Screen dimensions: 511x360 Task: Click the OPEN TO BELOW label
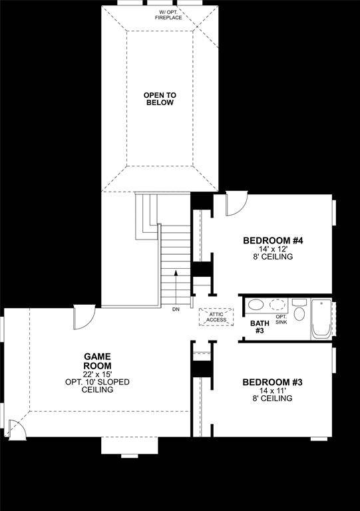[x=159, y=99]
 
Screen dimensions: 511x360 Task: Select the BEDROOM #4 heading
[x=268, y=240]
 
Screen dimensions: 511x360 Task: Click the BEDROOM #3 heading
[x=272, y=382]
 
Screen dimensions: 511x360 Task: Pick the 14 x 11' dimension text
[x=272, y=391]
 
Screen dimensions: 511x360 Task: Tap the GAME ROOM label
[x=97, y=361]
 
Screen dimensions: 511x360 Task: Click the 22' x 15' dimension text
[x=97, y=374]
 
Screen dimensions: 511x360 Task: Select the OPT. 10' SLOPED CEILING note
[x=97, y=386]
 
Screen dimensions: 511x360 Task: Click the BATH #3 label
[x=258, y=327]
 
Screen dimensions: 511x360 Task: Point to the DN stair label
[x=176, y=309]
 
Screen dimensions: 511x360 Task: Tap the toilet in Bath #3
[x=299, y=311]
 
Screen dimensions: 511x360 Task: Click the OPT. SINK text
[x=281, y=319]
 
